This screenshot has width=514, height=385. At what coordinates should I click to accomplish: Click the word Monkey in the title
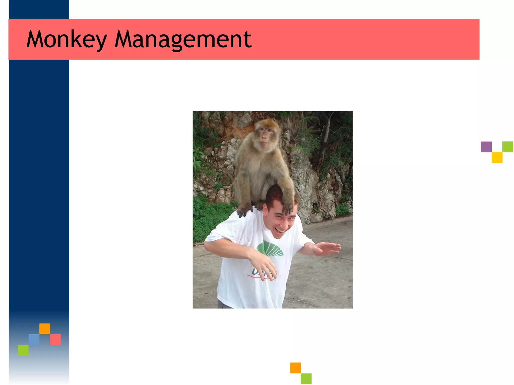point(67,39)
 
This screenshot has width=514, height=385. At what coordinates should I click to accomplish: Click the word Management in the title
point(183,39)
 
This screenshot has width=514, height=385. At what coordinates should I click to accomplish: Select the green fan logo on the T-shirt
point(270,249)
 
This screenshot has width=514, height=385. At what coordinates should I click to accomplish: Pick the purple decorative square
point(486,147)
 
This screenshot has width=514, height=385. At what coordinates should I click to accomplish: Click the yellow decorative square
point(497,158)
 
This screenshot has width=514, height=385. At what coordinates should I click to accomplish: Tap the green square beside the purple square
point(508,147)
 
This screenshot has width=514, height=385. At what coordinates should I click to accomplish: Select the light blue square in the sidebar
point(34,339)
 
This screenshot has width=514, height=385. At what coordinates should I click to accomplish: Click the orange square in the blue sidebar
point(45,329)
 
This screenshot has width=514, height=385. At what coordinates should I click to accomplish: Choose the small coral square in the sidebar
point(55,339)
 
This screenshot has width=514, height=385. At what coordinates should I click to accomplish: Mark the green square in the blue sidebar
point(23,350)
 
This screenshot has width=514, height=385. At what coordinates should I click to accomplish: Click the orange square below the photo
point(295,368)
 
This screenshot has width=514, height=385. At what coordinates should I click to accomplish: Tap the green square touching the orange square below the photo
point(306,378)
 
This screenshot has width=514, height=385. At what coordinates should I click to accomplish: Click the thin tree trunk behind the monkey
point(327,130)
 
